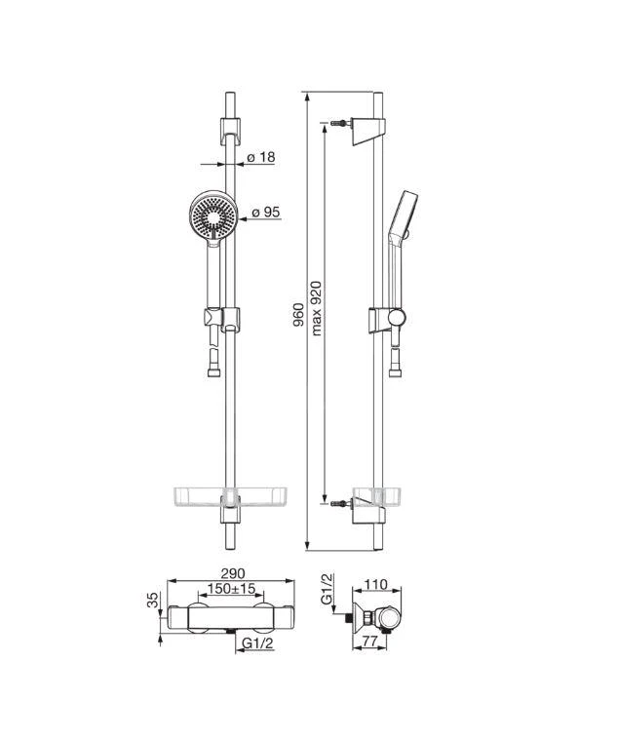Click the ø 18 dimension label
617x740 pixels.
click(261, 157)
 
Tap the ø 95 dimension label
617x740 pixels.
click(266, 213)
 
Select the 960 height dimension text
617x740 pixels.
click(298, 315)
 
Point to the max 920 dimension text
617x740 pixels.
click(316, 308)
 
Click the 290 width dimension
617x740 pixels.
click(233, 573)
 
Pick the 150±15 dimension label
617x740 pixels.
click(231, 589)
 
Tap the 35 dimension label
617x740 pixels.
click(154, 601)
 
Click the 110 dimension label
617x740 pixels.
click(376, 585)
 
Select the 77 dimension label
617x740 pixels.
click(371, 641)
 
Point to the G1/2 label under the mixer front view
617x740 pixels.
click(257, 643)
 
